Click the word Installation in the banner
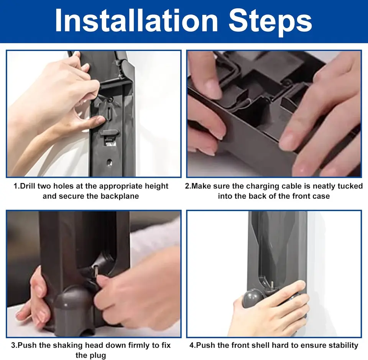click(136, 21)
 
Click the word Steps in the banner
click(270, 23)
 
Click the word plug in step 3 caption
click(98, 356)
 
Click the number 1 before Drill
click(15, 186)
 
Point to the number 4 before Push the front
click(192, 345)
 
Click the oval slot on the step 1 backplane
click(110, 113)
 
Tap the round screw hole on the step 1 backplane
click(109, 162)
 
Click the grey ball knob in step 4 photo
click(252, 298)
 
